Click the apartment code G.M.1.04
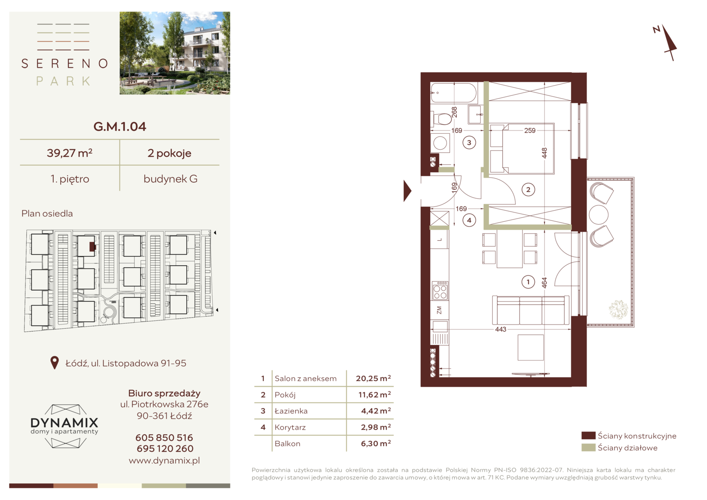[120, 127]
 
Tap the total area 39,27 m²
[69, 153]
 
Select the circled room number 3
[469, 143]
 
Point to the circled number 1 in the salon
[528, 282]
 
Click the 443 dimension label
[501, 330]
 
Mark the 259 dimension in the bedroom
[530, 131]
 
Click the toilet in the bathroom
[441, 119]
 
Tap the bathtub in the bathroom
[453, 93]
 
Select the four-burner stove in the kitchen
[440, 291]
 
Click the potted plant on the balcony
[618, 309]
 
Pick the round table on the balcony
[598, 215]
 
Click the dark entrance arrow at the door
[407, 191]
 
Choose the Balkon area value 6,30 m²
[376, 444]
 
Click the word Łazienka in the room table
[291, 411]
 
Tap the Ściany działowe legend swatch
[589, 448]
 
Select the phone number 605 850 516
[164, 437]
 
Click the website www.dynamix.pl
[164, 461]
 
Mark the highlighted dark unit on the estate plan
[92, 246]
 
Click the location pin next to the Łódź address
[55, 362]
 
